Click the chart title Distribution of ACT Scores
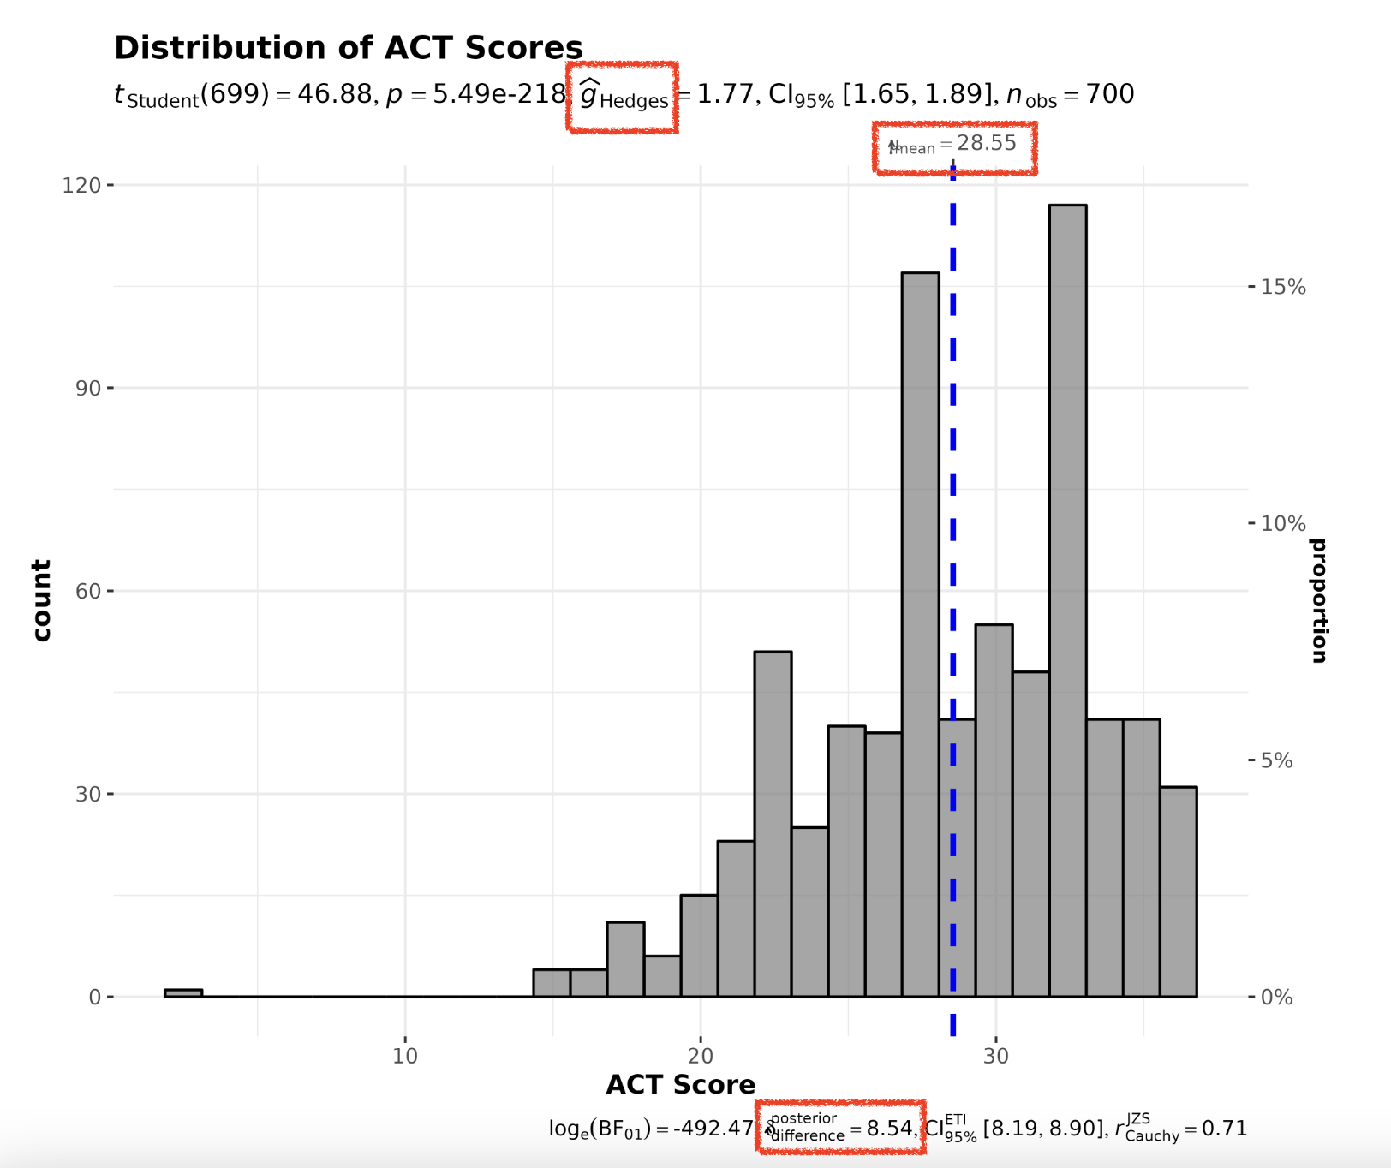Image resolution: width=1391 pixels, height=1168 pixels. pyautogui.click(x=348, y=48)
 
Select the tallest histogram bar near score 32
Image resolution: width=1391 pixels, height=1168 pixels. pyautogui.click(x=1067, y=599)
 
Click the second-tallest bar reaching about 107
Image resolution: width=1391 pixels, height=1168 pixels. pyautogui.click(x=920, y=634)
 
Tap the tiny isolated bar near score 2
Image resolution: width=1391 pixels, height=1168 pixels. pyautogui.click(x=183, y=993)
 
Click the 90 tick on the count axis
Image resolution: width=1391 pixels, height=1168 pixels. pyautogui.click(x=87, y=388)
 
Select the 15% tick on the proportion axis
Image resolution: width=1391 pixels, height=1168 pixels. pyautogui.click(x=1282, y=287)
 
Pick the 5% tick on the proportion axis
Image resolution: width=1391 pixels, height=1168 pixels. pyautogui.click(x=1276, y=760)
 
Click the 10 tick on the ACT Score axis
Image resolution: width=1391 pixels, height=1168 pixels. pyautogui.click(x=405, y=1055)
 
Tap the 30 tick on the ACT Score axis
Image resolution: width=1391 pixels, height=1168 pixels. pyautogui.click(x=995, y=1055)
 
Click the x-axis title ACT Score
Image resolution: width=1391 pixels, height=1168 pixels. pyautogui.click(x=680, y=1085)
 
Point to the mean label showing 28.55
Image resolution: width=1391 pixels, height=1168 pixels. pyautogui.click(x=954, y=145)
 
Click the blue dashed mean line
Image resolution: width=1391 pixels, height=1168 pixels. pyautogui.click(x=953, y=514)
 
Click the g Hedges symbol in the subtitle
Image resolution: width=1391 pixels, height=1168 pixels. pyautogui.click(x=623, y=96)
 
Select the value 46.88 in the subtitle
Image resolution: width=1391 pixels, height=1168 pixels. pyautogui.click(x=334, y=93)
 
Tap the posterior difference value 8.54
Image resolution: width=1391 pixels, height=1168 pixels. pyautogui.click(x=890, y=1129)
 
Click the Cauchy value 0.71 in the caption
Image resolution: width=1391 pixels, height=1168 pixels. pyautogui.click(x=1224, y=1129)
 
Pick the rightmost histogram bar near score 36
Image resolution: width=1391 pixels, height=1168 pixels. pyautogui.click(x=1179, y=891)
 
